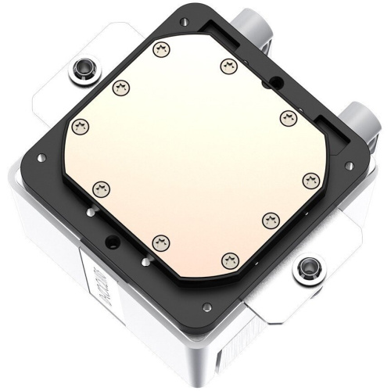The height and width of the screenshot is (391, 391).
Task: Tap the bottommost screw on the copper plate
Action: pyautogui.click(x=228, y=257)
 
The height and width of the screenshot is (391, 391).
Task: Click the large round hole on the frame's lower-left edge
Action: pyautogui.click(x=112, y=240)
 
